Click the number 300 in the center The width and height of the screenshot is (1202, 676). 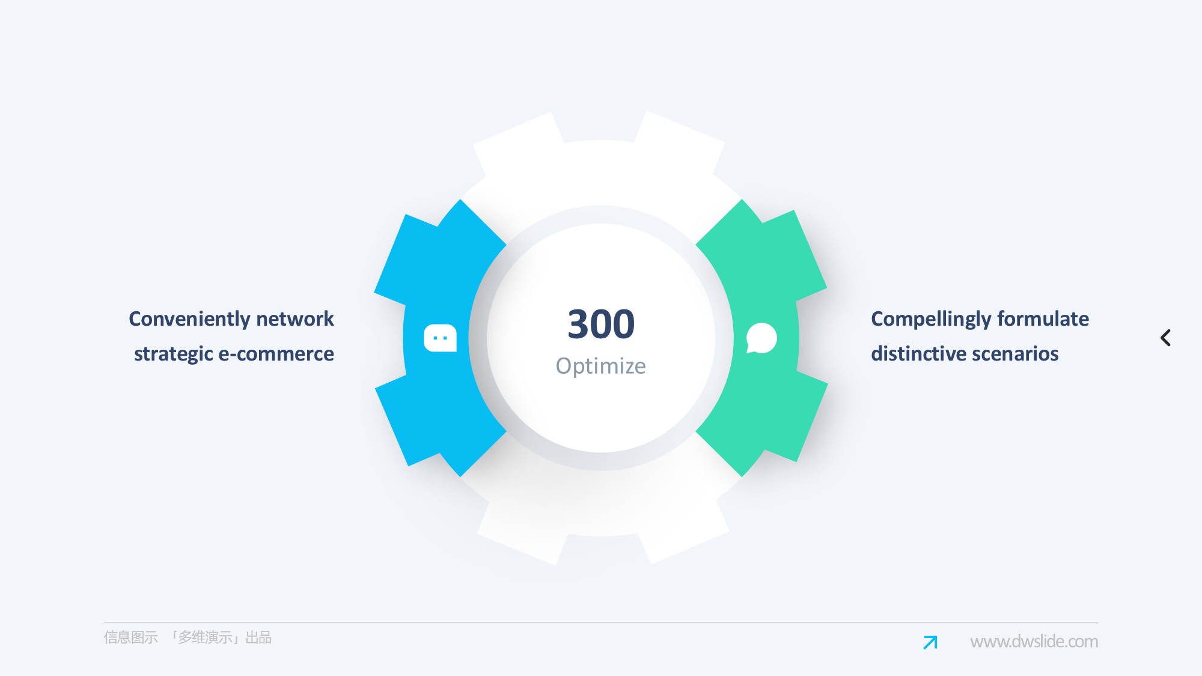[601, 324]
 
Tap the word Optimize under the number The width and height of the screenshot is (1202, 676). [601, 366]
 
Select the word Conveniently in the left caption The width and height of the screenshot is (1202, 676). [189, 319]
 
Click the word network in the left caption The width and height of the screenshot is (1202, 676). [294, 318]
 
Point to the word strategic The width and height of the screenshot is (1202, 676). [173, 354]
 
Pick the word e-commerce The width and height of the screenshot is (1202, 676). [276, 354]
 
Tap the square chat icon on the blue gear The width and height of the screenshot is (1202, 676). [440, 338]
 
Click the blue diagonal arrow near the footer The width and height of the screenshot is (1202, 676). [930, 642]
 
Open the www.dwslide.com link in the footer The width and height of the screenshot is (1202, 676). [1034, 642]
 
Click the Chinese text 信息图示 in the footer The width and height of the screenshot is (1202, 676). [130, 638]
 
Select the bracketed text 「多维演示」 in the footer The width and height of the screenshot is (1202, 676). [204, 638]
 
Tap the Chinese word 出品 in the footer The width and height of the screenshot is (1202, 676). [258, 638]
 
